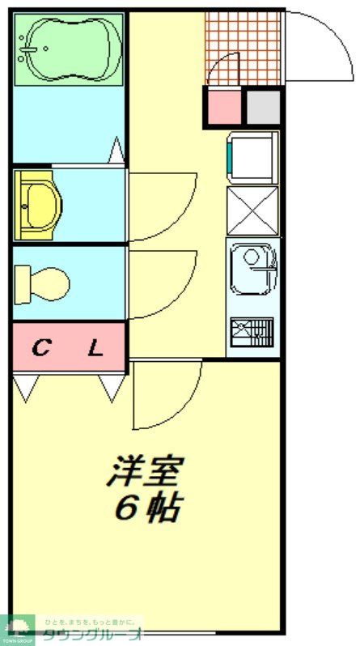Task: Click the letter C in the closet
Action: point(40,350)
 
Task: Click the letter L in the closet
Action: point(95,350)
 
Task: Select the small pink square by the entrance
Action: point(223,108)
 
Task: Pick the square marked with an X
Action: point(252,210)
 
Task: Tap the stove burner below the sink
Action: point(252,330)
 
